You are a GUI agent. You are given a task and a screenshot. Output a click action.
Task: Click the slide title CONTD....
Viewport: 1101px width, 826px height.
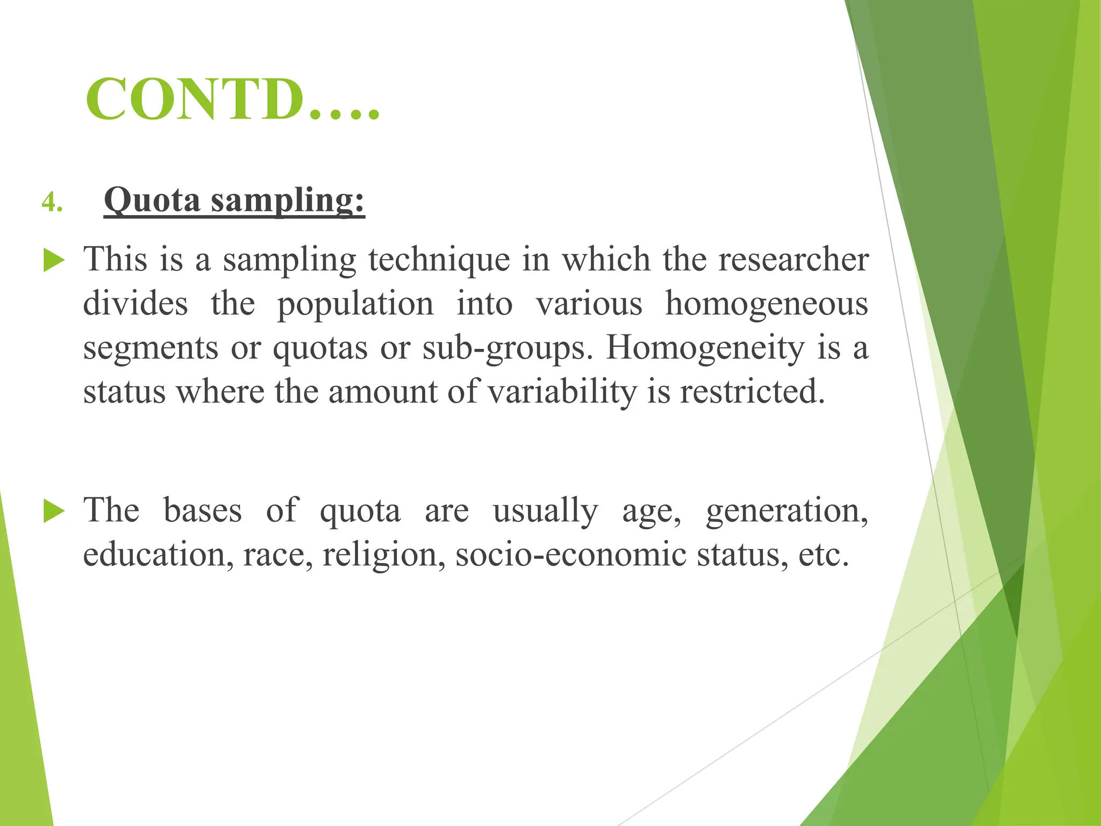coord(232,99)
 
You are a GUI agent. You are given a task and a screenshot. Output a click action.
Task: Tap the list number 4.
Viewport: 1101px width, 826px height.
coord(52,203)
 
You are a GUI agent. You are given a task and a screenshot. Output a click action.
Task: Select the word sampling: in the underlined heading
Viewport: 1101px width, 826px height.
coord(288,201)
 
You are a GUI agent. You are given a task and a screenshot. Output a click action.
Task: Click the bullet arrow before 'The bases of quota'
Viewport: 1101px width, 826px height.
coord(54,511)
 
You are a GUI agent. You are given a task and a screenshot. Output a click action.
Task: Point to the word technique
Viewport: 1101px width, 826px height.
coord(439,260)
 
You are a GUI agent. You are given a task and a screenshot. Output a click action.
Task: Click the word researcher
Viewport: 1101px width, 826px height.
coord(793,259)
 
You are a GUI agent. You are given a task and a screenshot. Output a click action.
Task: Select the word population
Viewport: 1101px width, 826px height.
coord(355,304)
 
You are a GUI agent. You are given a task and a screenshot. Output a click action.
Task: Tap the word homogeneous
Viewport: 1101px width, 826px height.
coord(767,304)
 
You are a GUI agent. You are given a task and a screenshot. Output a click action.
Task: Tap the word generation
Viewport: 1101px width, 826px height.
coord(787,511)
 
